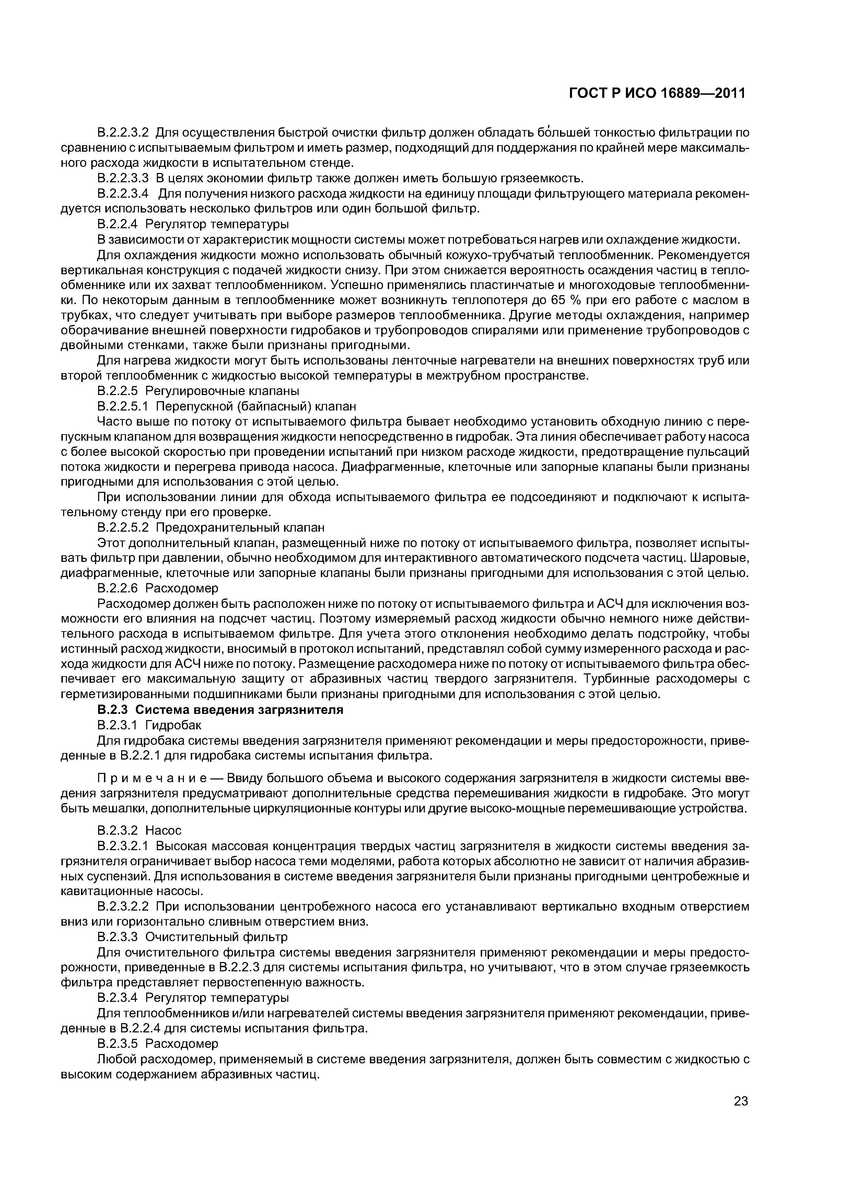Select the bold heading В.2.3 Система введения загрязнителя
220,710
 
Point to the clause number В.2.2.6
117,588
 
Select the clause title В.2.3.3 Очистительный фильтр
193,937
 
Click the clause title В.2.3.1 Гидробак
149,725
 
